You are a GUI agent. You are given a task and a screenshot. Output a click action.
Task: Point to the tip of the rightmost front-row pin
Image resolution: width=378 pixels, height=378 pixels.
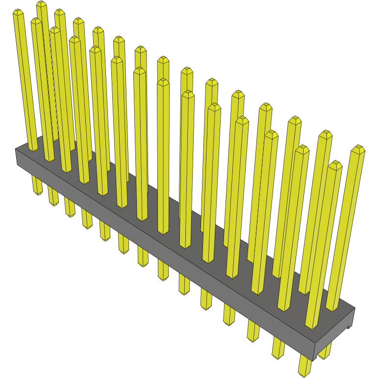pos(335,164)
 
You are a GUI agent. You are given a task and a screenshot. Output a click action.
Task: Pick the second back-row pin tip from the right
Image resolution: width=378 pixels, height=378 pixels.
pos(325,134)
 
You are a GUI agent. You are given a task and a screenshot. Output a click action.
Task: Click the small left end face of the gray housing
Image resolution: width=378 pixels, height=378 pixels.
pos(17,157)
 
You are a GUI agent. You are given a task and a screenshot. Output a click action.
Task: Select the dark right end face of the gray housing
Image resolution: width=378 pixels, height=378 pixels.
pos(333,333)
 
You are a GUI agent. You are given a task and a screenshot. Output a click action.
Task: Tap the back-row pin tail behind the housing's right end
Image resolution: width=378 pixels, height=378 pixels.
pos(324,350)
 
